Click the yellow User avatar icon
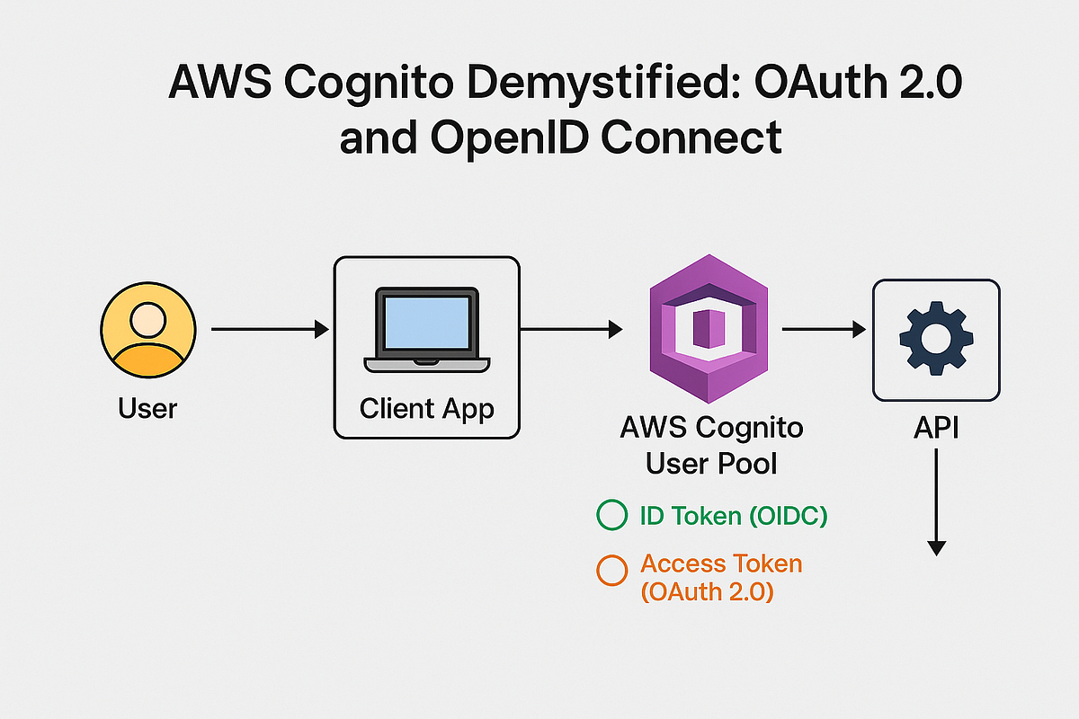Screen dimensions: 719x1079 [x=147, y=332]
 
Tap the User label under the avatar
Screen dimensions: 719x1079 [x=147, y=409]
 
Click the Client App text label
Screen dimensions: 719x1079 [x=426, y=409]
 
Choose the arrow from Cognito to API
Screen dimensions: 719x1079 [x=824, y=331]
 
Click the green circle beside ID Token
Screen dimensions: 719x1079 [x=611, y=516]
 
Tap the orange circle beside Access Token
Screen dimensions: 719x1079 [x=611, y=570]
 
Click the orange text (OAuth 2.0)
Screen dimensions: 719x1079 [x=707, y=593]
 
